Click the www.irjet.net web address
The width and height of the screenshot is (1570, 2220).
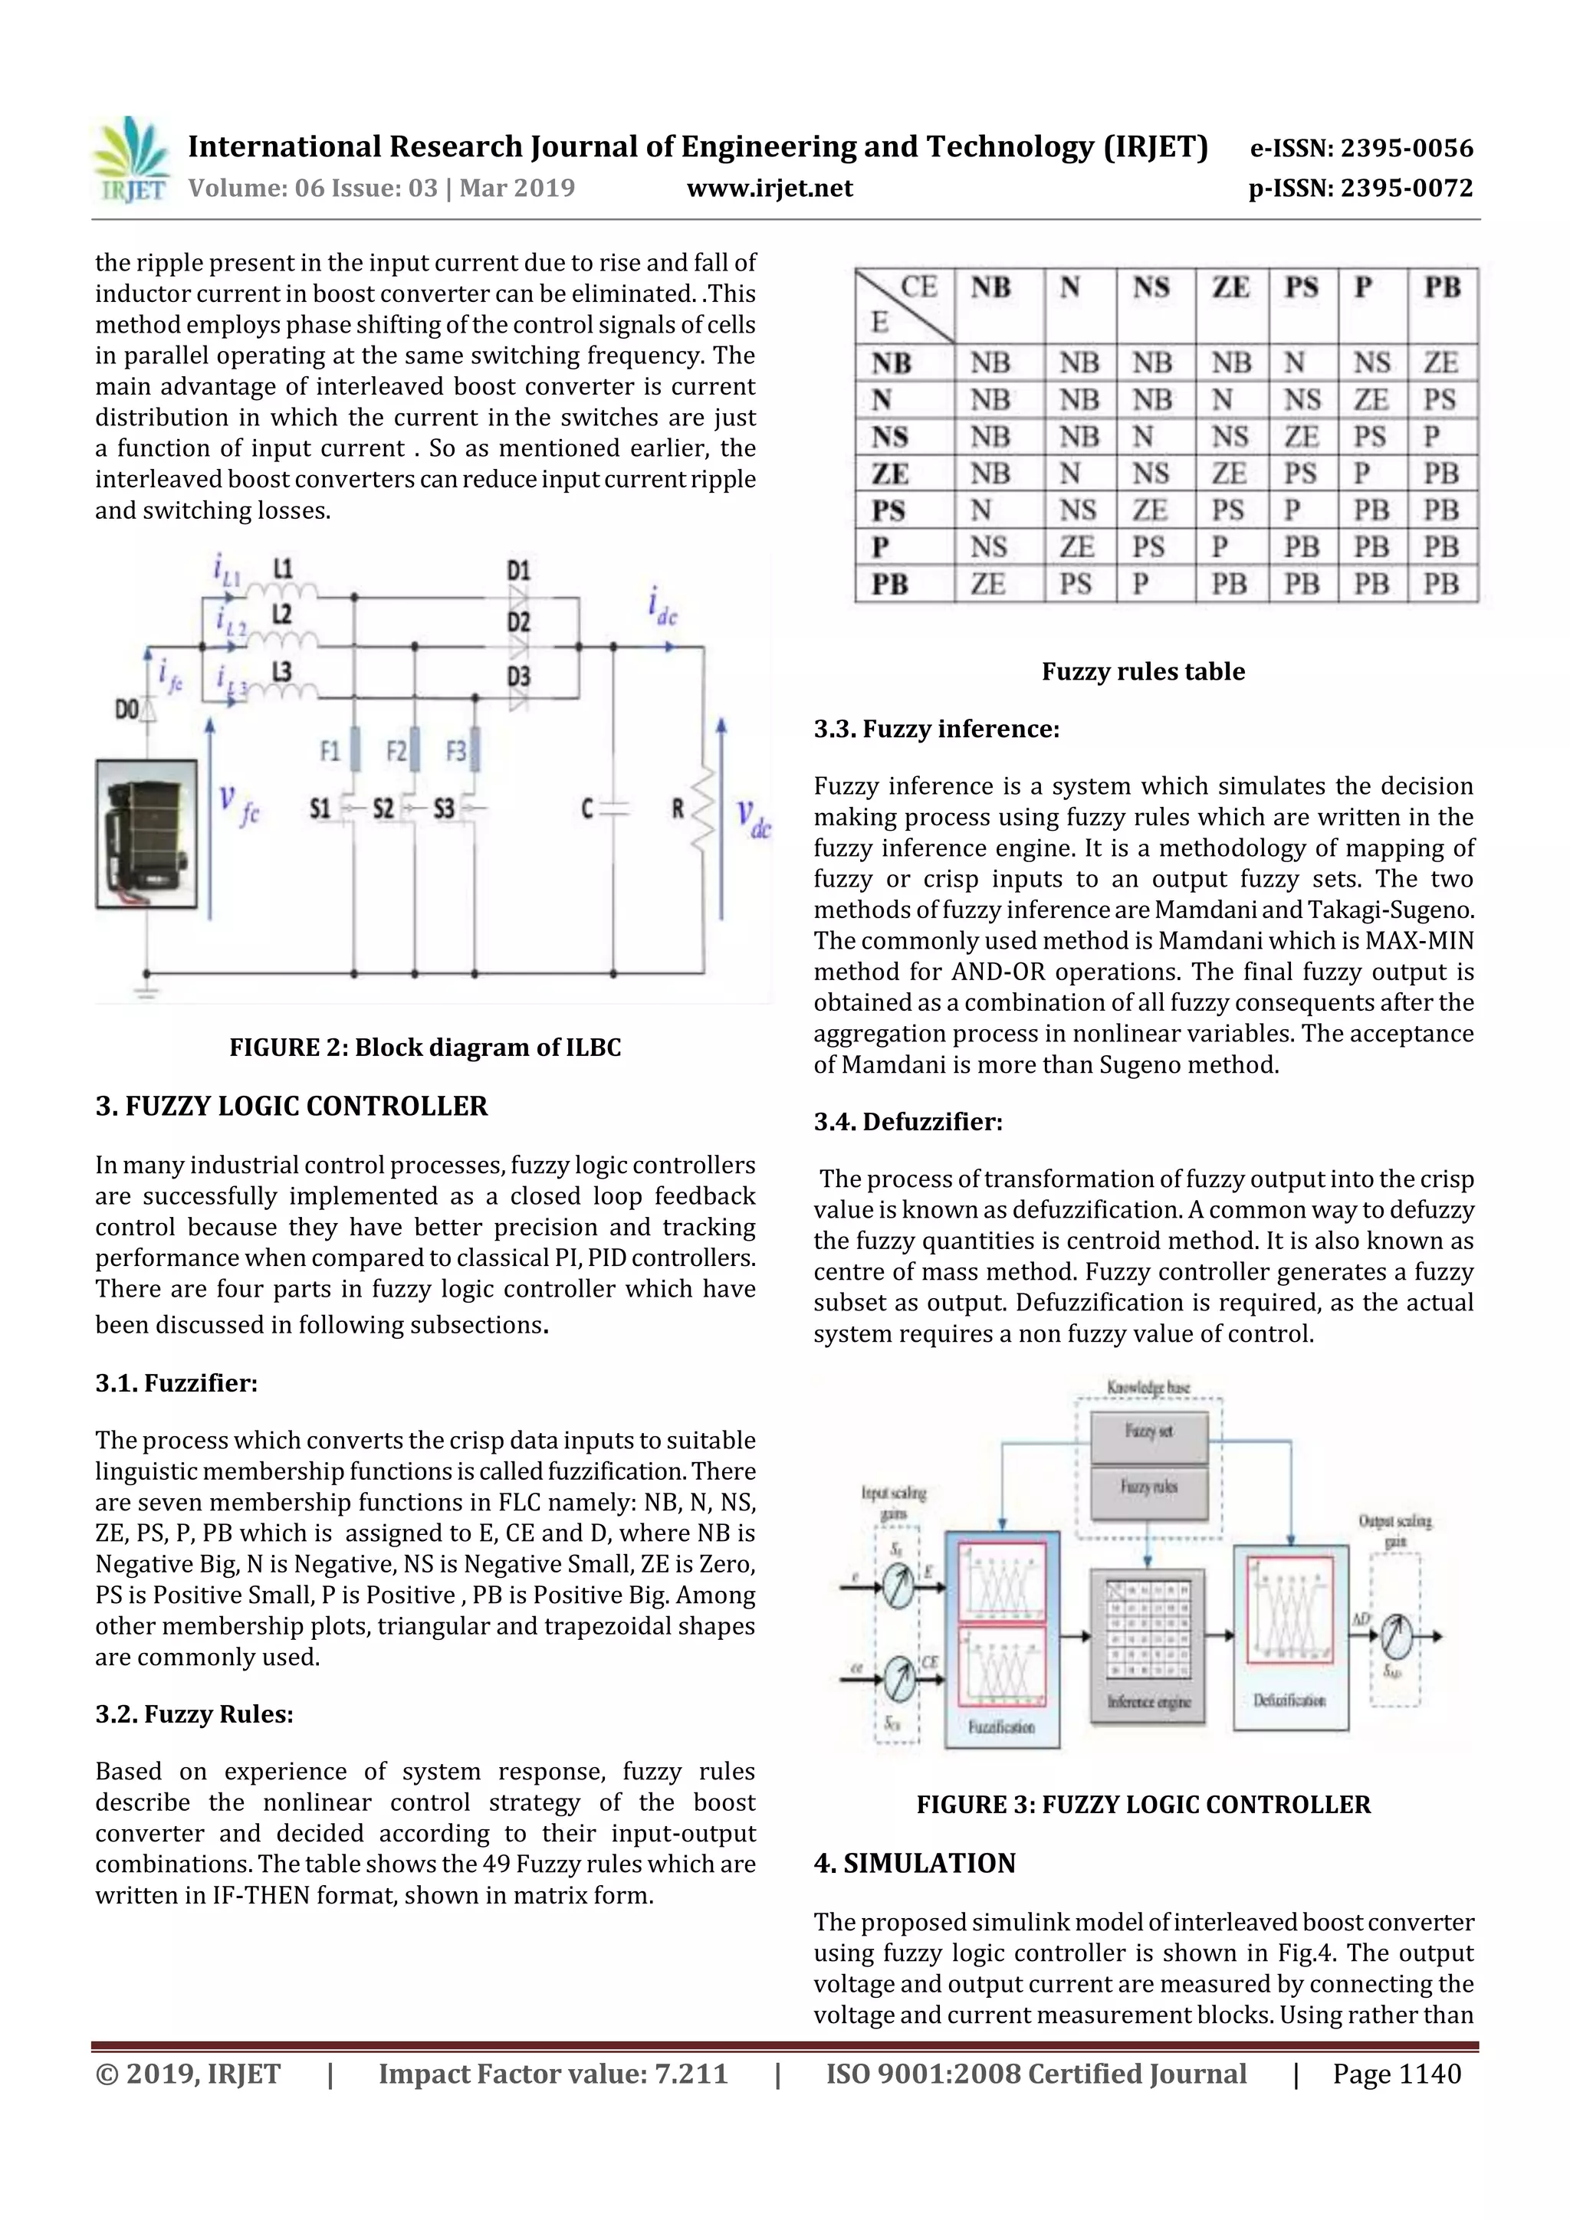(769, 189)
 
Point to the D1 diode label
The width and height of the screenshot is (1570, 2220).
(518, 569)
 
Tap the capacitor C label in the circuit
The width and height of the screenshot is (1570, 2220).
(587, 808)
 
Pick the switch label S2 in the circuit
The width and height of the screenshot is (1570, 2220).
(383, 808)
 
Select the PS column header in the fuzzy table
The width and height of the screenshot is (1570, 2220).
(1301, 288)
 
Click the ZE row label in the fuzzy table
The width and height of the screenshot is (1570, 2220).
(890, 474)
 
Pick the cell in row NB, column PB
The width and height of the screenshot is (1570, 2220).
(1440, 362)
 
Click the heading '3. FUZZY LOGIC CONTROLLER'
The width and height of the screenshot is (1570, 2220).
(291, 1106)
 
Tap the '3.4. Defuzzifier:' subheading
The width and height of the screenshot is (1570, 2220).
(908, 1122)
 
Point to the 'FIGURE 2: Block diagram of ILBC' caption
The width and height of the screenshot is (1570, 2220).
(425, 1047)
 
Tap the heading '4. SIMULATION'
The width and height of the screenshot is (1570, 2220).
(914, 1863)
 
